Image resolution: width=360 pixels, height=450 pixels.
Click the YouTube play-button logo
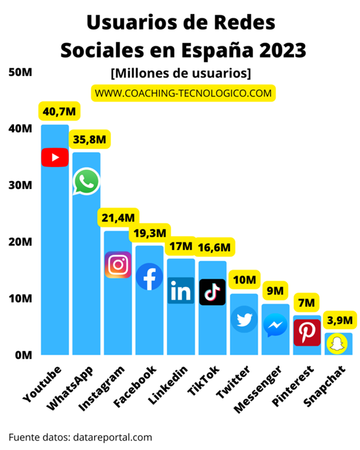pyautogui.click(x=55, y=157)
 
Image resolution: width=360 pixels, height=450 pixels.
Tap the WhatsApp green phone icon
pyautogui.click(x=86, y=182)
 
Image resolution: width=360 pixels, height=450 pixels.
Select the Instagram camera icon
pyautogui.click(x=117, y=265)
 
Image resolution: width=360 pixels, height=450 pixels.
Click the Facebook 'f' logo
pyautogui.click(x=149, y=276)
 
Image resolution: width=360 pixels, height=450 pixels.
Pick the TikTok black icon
pyautogui.click(x=212, y=292)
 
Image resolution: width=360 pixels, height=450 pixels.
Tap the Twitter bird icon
pyautogui.click(x=244, y=319)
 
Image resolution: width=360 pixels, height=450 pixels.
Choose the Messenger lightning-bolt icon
pyautogui.click(x=275, y=326)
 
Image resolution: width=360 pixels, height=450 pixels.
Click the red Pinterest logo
pyautogui.click(x=307, y=333)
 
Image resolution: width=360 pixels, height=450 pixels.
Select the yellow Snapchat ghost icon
pyautogui.click(x=338, y=344)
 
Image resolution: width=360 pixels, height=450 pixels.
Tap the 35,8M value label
pyautogui.click(x=90, y=138)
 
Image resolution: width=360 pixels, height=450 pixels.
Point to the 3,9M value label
pyautogui.click(x=338, y=319)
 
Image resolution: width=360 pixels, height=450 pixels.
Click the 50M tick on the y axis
pyautogui.click(x=20, y=72)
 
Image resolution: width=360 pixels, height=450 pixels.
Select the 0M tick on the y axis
pyautogui.click(x=20, y=355)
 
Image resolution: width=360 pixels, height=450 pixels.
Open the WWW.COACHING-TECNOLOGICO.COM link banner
pyautogui.click(x=183, y=93)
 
